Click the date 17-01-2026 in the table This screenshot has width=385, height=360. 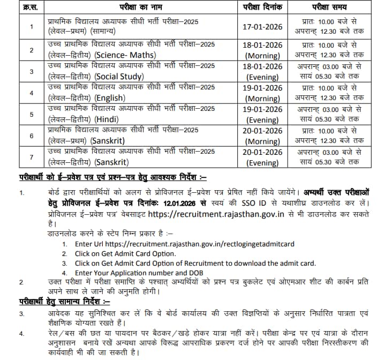(262, 26)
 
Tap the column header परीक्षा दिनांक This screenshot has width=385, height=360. (262, 8)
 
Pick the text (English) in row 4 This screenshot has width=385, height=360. (110, 98)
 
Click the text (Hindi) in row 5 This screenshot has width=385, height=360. (107, 120)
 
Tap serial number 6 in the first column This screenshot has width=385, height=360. (31, 136)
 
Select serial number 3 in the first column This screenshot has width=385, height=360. (31, 71)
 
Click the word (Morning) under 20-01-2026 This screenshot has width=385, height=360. (262, 141)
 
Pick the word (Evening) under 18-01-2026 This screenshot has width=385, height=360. (262, 77)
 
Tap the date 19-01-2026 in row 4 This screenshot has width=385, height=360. (262, 88)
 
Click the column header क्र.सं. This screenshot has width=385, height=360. (31, 8)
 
